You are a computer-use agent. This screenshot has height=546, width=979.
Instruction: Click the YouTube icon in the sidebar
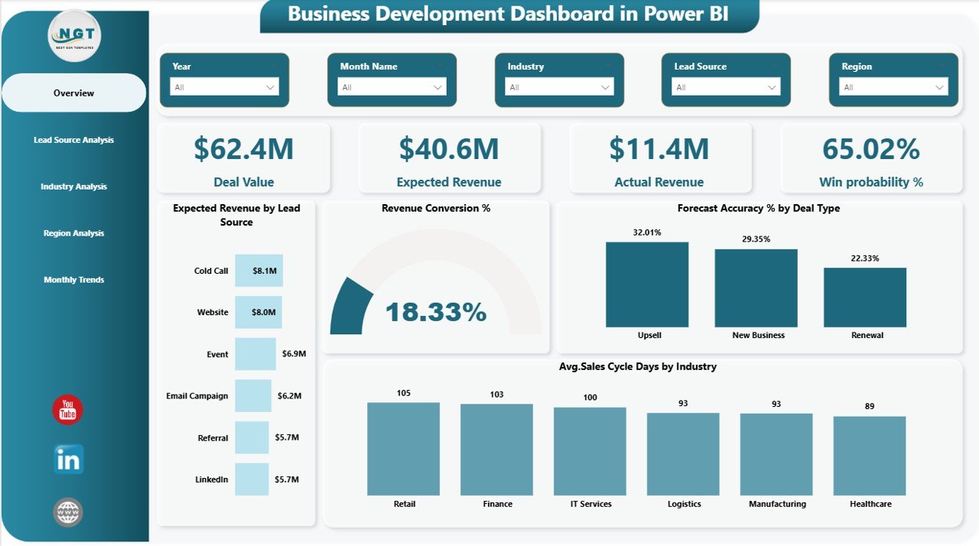coord(67,410)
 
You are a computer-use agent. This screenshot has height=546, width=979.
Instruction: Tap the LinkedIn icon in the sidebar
coord(68,460)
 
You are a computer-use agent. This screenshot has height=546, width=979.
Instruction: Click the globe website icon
coord(67,512)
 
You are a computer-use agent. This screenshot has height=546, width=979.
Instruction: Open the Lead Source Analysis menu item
coord(73,140)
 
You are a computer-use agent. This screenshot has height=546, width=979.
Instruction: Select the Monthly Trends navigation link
coord(73,280)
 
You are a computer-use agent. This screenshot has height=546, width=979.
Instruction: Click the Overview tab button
coord(73,93)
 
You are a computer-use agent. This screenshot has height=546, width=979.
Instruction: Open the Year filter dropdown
coord(224,87)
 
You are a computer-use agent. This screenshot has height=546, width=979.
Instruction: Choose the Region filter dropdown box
coord(893,87)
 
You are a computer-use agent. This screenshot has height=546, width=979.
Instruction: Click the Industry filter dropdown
coord(559,87)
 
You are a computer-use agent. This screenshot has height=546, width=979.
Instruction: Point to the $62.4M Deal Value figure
coord(243,149)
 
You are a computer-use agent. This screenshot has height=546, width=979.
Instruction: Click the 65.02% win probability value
coord(870,149)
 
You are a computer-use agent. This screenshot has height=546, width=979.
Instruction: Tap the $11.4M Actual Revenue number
coord(659,149)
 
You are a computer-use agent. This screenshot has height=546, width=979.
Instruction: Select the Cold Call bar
coord(259,271)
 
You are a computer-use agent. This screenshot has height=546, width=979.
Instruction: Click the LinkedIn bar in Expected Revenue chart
coord(252,479)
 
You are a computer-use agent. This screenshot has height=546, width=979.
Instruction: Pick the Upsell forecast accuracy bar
coord(647,284)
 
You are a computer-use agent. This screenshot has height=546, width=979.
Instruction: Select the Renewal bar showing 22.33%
coord(864,297)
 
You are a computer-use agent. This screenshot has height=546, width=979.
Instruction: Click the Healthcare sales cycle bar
coord(870,456)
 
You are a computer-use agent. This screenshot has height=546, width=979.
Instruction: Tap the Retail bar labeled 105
coord(403,449)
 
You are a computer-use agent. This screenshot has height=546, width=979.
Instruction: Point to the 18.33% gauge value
coord(435,312)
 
